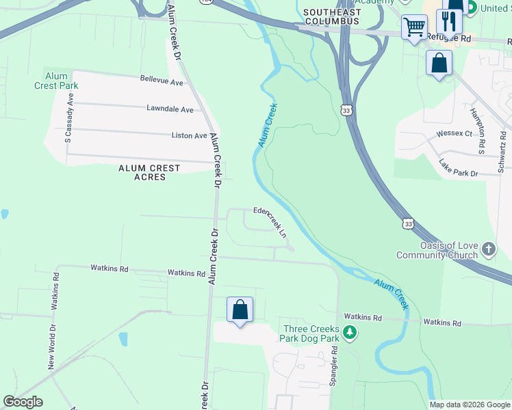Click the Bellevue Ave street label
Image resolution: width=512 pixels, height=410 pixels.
tap(162, 82)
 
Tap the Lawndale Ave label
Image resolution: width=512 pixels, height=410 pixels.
tap(170, 109)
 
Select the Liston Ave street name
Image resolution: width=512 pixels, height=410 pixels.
tap(189, 135)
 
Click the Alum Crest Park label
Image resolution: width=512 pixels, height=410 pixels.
tap(56, 81)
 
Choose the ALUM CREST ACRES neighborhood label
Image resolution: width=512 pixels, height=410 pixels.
tap(149, 172)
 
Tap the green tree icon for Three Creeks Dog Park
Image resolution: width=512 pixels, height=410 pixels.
tap(350, 333)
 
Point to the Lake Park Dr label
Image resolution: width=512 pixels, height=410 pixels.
tap(459, 168)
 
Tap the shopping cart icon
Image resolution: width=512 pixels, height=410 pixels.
tap(413, 28)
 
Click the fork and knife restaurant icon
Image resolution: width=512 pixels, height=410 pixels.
tap(449, 20)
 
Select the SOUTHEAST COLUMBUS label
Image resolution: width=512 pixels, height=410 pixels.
tap(331, 17)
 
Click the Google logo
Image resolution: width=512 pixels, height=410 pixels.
tap(23, 402)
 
